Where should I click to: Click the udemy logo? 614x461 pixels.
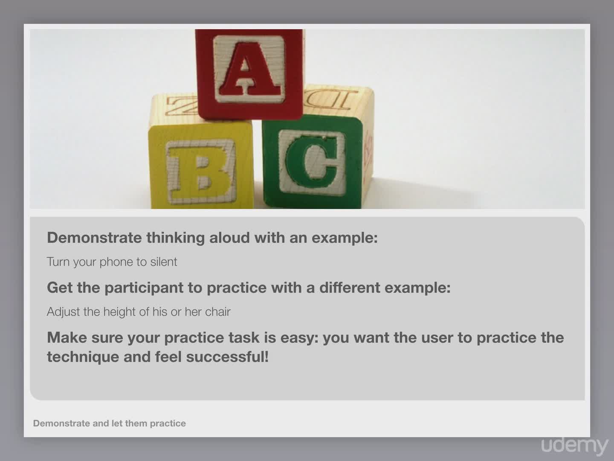click(x=574, y=445)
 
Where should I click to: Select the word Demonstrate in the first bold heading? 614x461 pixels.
click(x=94, y=238)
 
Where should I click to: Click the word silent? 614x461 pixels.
click(x=164, y=262)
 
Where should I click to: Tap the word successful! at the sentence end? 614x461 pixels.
click(x=227, y=357)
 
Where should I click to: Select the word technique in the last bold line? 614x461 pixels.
click(x=83, y=358)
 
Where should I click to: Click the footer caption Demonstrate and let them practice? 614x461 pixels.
click(x=110, y=423)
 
